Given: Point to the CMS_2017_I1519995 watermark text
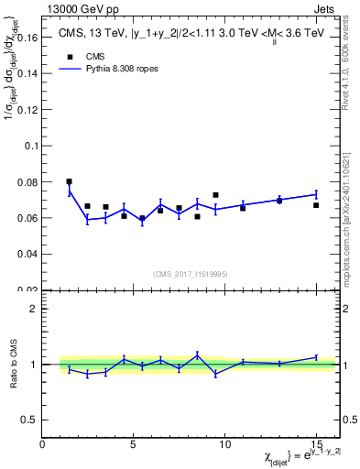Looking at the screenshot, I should pos(190,272).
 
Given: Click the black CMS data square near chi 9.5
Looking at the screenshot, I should pos(215,195).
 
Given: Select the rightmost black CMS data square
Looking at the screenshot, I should pos(315,205).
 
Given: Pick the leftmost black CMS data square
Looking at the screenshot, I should pos(70,181).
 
